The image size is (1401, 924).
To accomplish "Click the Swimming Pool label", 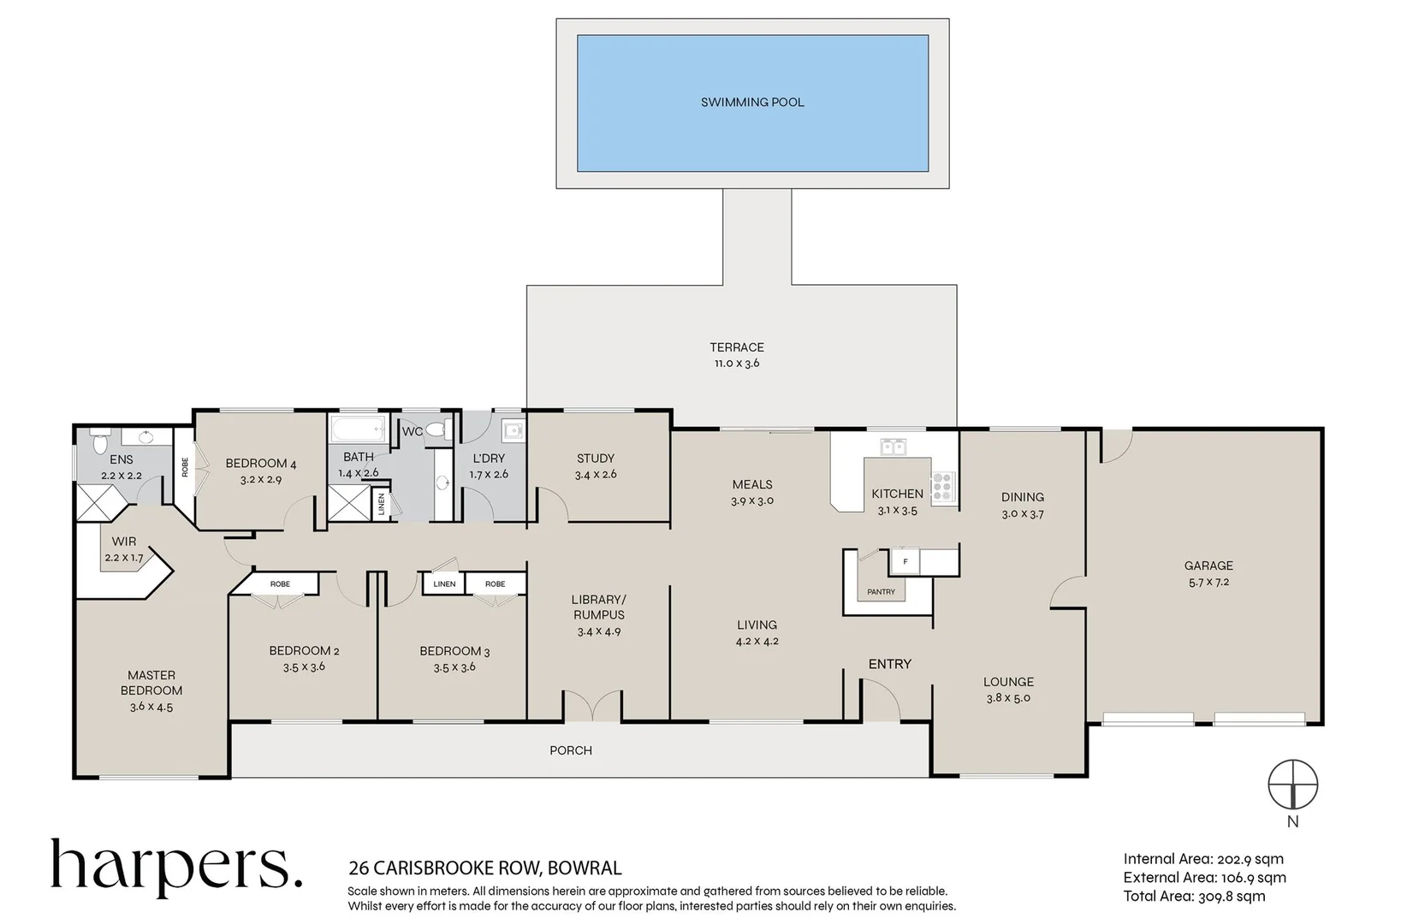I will (x=752, y=102).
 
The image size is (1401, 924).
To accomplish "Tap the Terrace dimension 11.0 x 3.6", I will (x=737, y=364).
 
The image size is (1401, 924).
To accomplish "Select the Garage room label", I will (x=1208, y=566).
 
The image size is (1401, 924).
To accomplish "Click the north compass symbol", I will (x=1292, y=785).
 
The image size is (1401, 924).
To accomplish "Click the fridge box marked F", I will (x=905, y=561).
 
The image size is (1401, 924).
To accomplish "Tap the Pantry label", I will (x=881, y=592).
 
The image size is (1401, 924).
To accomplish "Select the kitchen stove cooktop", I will (x=942, y=486).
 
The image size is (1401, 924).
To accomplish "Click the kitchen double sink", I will (x=893, y=446).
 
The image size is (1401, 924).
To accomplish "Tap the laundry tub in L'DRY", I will (x=513, y=429).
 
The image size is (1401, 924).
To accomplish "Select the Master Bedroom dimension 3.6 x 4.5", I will (x=151, y=707).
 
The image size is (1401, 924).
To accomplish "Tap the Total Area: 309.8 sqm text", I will (x=1194, y=896).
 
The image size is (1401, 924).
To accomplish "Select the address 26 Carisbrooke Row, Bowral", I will (x=484, y=868).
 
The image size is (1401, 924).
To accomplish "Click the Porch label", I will (x=571, y=750).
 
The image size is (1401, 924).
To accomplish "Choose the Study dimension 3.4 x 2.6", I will (x=596, y=474).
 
